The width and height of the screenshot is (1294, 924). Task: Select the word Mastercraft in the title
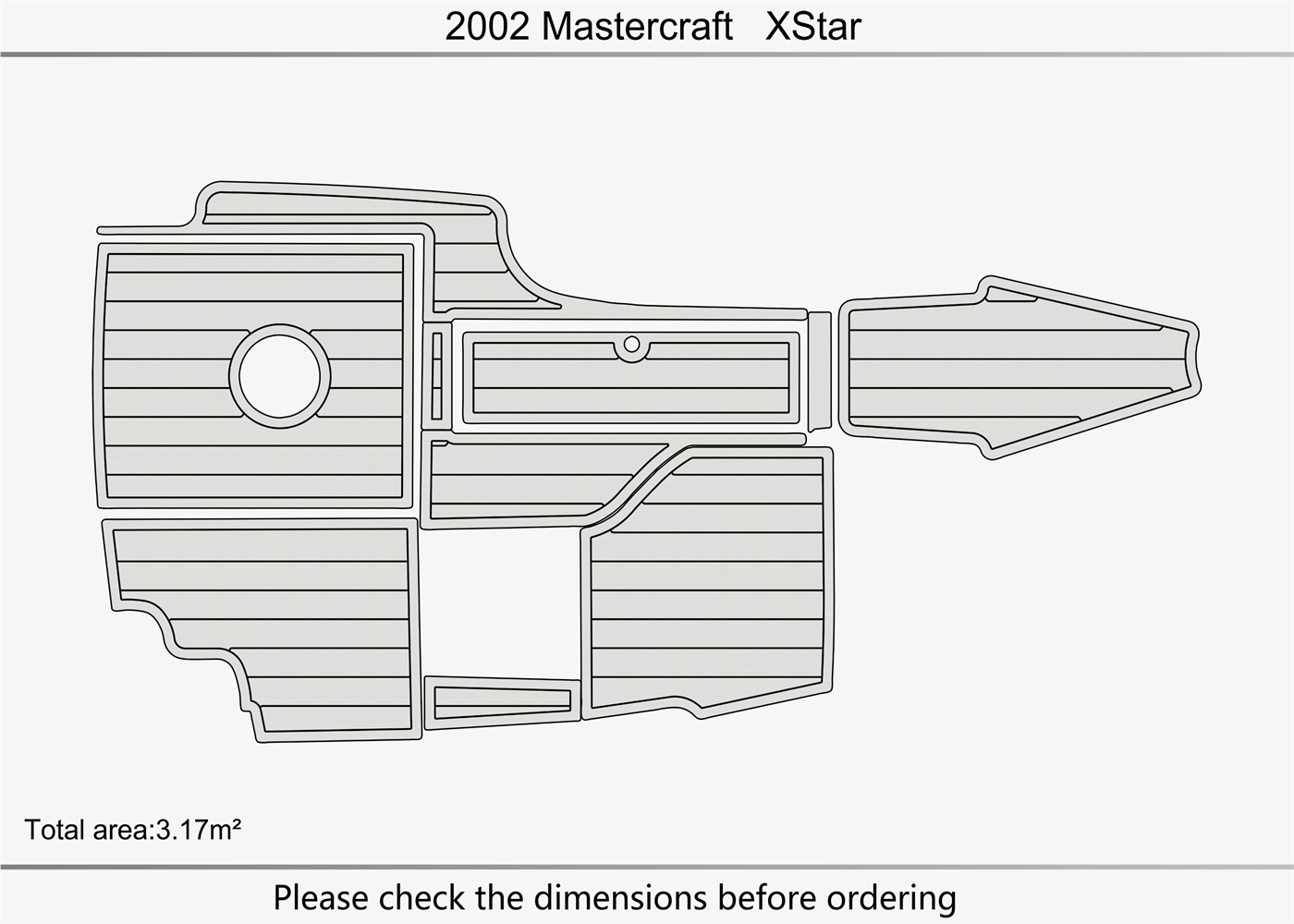click(637, 26)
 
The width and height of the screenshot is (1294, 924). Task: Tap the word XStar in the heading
click(812, 26)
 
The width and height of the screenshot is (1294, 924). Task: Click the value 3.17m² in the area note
click(198, 830)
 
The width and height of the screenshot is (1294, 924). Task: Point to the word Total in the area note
click(55, 830)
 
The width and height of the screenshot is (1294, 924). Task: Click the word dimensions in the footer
click(622, 897)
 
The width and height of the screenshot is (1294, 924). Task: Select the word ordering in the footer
click(891, 897)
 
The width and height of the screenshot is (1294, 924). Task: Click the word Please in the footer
click(321, 897)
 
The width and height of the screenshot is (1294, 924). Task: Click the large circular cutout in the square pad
click(279, 376)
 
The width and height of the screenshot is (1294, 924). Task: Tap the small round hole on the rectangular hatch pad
click(631, 345)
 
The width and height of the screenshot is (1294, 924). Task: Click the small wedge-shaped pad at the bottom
click(499, 701)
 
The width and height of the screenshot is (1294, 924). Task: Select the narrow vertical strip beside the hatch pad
click(437, 376)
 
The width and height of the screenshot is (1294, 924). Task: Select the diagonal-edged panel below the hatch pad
click(527, 480)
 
